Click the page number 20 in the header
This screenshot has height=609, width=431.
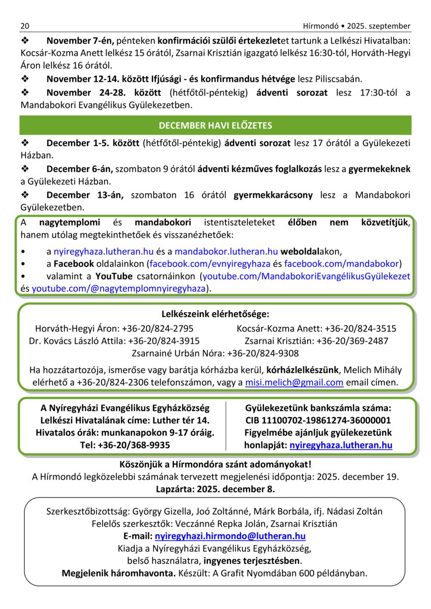coord(25,26)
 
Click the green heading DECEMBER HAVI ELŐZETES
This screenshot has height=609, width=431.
coord(215,125)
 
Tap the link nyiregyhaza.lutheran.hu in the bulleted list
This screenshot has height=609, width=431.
coord(104,251)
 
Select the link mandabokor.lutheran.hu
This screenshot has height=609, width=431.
coord(226,251)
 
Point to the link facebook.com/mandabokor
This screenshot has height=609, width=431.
coord(341,263)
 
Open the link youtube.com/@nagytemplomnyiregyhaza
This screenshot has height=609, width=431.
coord(119,288)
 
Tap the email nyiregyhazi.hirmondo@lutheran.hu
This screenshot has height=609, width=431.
coord(230,536)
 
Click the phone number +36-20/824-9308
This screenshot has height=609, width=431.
coord(263,353)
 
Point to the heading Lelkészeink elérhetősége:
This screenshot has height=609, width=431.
coord(215,314)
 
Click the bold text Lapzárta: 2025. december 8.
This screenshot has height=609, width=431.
coord(215,490)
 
